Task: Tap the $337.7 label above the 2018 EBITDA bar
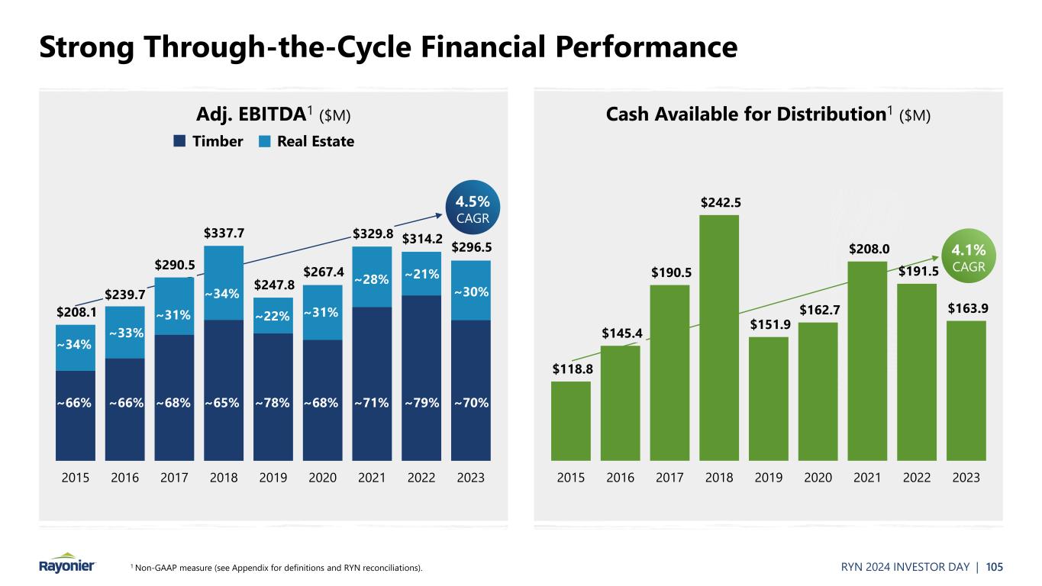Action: pyautogui.click(x=224, y=232)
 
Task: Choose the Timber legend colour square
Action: pyautogui.click(x=179, y=141)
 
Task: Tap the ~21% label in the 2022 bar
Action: pyautogui.click(x=421, y=273)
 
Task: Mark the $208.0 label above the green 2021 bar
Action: pyautogui.click(x=867, y=248)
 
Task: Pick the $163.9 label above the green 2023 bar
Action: pyautogui.click(x=966, y=307)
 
